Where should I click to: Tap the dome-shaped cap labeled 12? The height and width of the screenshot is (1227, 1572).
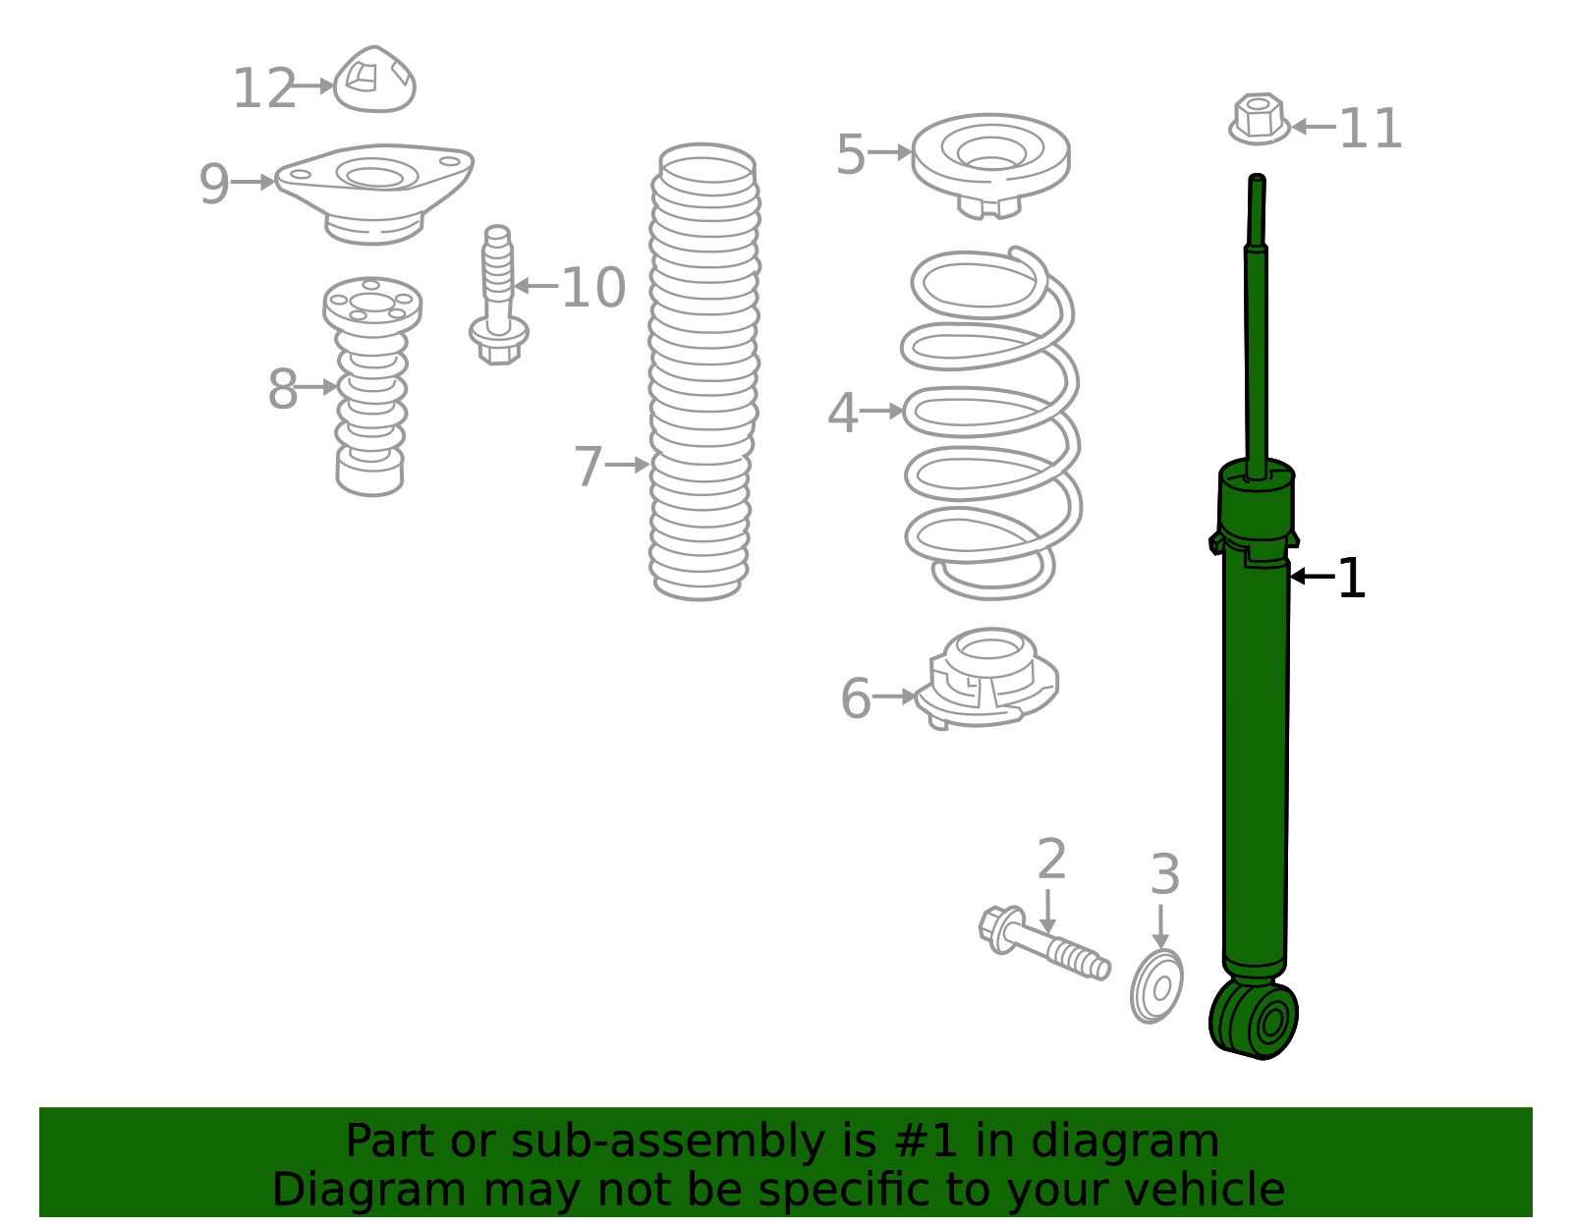point(374,81)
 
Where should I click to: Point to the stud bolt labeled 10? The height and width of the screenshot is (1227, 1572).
point(498,295)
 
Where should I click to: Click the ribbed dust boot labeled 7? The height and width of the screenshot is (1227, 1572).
point(702,373)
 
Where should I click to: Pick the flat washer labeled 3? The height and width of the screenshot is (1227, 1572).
point(1157,986)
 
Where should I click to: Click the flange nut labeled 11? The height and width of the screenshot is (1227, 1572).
point(1259,119)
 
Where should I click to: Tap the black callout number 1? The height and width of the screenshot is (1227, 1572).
point(1352,579)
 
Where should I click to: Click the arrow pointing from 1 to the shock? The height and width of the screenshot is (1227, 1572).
point(1312,577)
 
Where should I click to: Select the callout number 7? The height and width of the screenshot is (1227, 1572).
point(587,467)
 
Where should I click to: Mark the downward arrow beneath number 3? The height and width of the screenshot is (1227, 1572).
point(1160,925)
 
